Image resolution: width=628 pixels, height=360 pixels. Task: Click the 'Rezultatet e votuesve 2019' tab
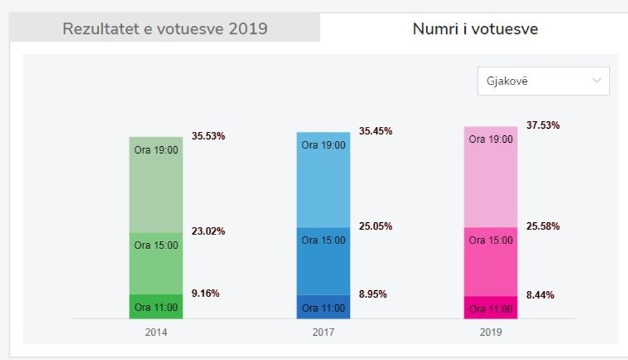tap(165, 29)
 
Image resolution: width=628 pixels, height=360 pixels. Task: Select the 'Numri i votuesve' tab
tap(475, 29)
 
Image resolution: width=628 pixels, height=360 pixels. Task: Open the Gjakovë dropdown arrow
tap(597, 81)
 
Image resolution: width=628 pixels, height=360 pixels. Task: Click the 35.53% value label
tap(208, 136)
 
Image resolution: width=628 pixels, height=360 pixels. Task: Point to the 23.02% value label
tap(208, 231)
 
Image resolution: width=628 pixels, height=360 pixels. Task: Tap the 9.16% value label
tap(205, 293)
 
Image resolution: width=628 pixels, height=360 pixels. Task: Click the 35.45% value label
tap(376, 131)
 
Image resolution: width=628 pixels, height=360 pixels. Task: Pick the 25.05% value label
tap(376, 227)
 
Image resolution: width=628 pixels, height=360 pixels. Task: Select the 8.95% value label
tap(372, 295)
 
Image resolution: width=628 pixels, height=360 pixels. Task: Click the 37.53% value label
tap(543, 125)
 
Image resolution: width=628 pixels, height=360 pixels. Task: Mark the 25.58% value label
tap(543, 226)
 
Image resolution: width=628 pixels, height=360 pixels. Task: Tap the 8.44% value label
tap(540, 295)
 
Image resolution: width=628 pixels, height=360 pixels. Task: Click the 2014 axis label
tap(156, 332)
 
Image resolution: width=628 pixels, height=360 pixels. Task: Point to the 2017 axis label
tap(323, 332)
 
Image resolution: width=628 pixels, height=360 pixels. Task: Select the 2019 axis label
tap(491, 332)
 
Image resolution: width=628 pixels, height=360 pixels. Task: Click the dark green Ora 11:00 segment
tap(156, 307)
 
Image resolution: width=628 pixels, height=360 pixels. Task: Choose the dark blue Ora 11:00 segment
tap(323, 307)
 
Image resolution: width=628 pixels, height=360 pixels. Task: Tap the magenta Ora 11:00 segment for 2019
tap(491, 308)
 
